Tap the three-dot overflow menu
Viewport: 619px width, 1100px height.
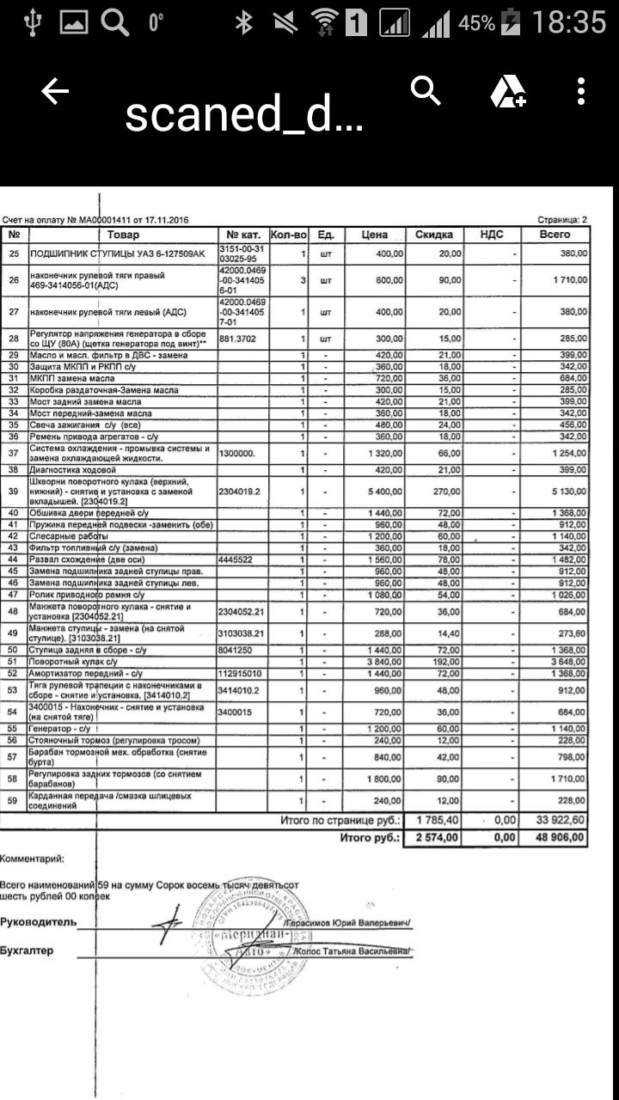pyautogui.click(x=582, y=91)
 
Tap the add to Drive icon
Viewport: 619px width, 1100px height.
pyautogui.click(x=507, y=92)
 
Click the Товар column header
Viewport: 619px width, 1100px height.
pyautogui.click(x=123, y=235)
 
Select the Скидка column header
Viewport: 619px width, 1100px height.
pyautogui.click(x=434, y=235)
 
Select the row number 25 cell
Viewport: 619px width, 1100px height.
pyautogui.click(x=14, y=254)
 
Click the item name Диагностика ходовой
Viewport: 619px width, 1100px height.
pyautogui.click(x=72, y=470)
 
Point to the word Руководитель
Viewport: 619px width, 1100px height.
pyautogui.click(x=38, y=922)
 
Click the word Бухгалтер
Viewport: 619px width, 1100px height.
pyautogui.click(x=27, y=950)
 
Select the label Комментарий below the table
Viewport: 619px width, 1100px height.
pyautogui.click(x=31, y=858)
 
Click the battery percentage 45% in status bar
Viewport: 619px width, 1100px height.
pyautogui.click(x=476, y=23)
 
